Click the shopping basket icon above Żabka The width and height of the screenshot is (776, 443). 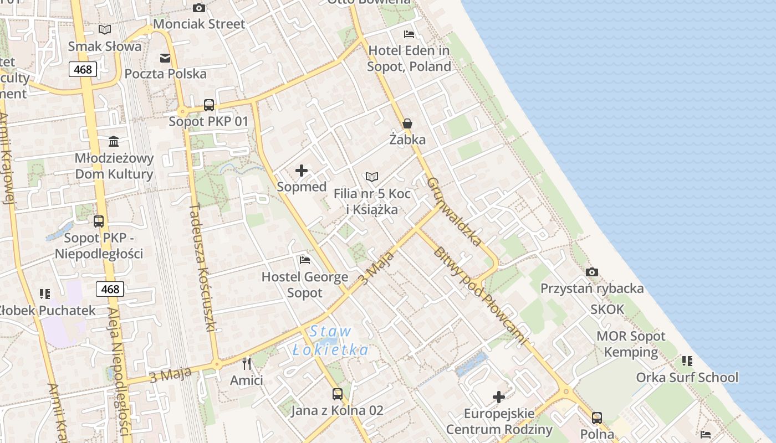(x=407, y=123)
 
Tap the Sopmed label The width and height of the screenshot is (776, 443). (x=302, y=187)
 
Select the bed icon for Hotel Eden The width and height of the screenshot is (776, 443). (x=409, y=34)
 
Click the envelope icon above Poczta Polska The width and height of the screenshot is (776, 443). (x=165, y=58)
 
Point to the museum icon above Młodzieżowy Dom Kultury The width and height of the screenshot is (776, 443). (x=114, y=141)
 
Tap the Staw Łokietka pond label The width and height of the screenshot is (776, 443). (x=330, y=341)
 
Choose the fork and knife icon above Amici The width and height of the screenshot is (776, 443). (x=247, y=363)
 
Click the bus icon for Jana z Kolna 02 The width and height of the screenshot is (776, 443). (x=337, y=394)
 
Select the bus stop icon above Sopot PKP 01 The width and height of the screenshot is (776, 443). (x=208, y=105)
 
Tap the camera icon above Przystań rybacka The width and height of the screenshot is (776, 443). (x=592, y=272)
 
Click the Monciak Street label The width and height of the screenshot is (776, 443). (x=198, y=24)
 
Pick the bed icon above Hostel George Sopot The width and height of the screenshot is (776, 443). (x=304, y=260)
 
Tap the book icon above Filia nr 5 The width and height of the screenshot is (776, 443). (x=372, y=177)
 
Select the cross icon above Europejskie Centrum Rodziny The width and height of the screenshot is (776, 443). (x=499, y=396)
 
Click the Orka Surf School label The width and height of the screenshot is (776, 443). (x=687, y=377)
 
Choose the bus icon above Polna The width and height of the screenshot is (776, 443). (x=596, y=418)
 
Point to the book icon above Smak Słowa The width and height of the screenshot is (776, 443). (x=104, y=29)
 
